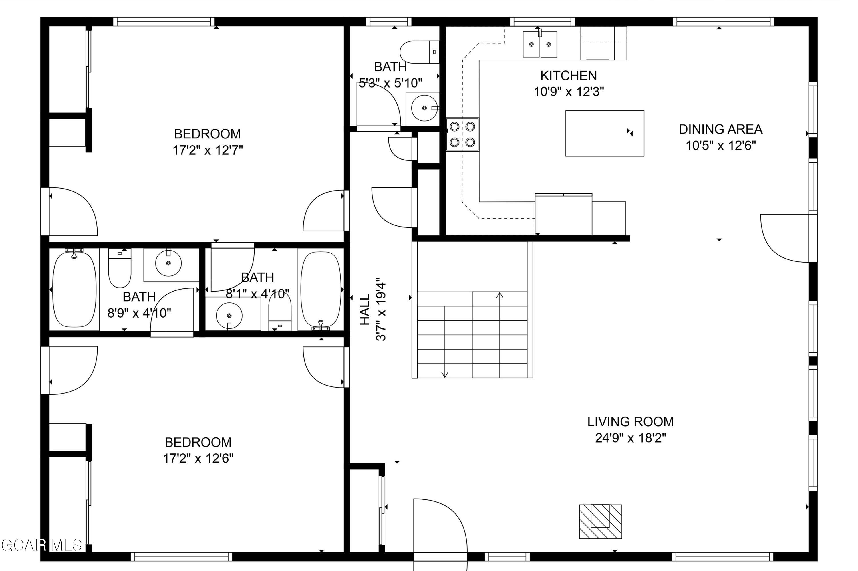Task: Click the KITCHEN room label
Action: [568, 76]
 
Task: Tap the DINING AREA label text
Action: [720, 129]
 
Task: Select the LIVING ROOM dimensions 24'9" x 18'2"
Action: [630, 438]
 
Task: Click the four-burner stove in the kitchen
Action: [462, 134]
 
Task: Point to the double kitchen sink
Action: [539, 44]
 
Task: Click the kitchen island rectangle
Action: [604, 133]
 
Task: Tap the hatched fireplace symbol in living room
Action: [600, 522]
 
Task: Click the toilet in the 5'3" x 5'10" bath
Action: [419, 52]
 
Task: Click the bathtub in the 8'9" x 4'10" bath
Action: [74, 290]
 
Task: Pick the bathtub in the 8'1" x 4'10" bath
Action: [321, 290]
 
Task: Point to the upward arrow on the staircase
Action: [499, 295]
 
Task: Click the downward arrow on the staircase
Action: [444, 374]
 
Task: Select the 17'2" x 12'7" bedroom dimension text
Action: [207, 150]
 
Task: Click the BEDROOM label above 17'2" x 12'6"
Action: [198, 442]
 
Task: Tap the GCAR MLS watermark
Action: [41, 545]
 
